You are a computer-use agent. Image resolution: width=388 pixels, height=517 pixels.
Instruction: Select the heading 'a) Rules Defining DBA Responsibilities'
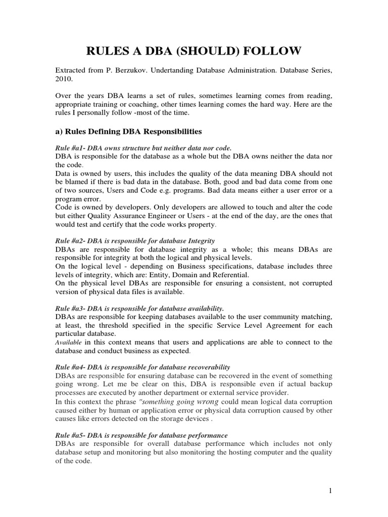tap(128, 132)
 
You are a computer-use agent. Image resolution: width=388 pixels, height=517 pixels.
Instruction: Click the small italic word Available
tap(66, 342)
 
